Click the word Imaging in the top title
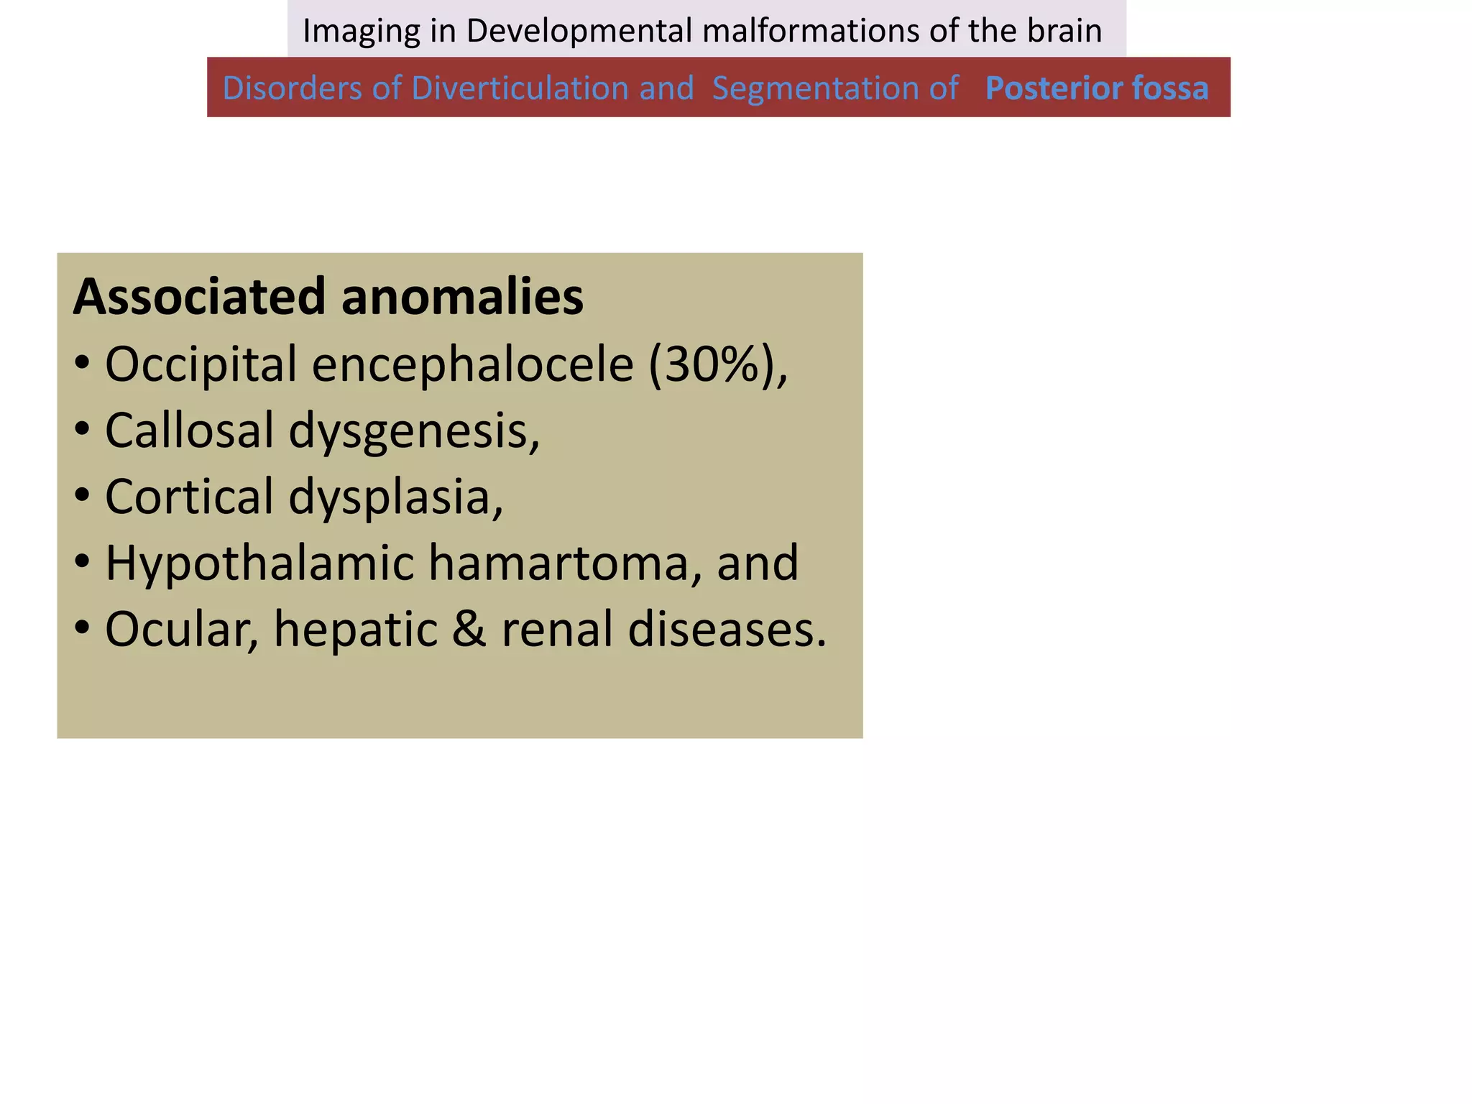point(361,31)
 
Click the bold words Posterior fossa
point(1096,88)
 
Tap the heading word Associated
point(200,296)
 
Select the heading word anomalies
point(462,296)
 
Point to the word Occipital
point(201,364)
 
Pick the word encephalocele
point(472,364)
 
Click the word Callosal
point(189,431)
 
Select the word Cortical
point(189,497)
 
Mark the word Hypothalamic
point(259,563)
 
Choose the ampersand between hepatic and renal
point(469,629)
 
